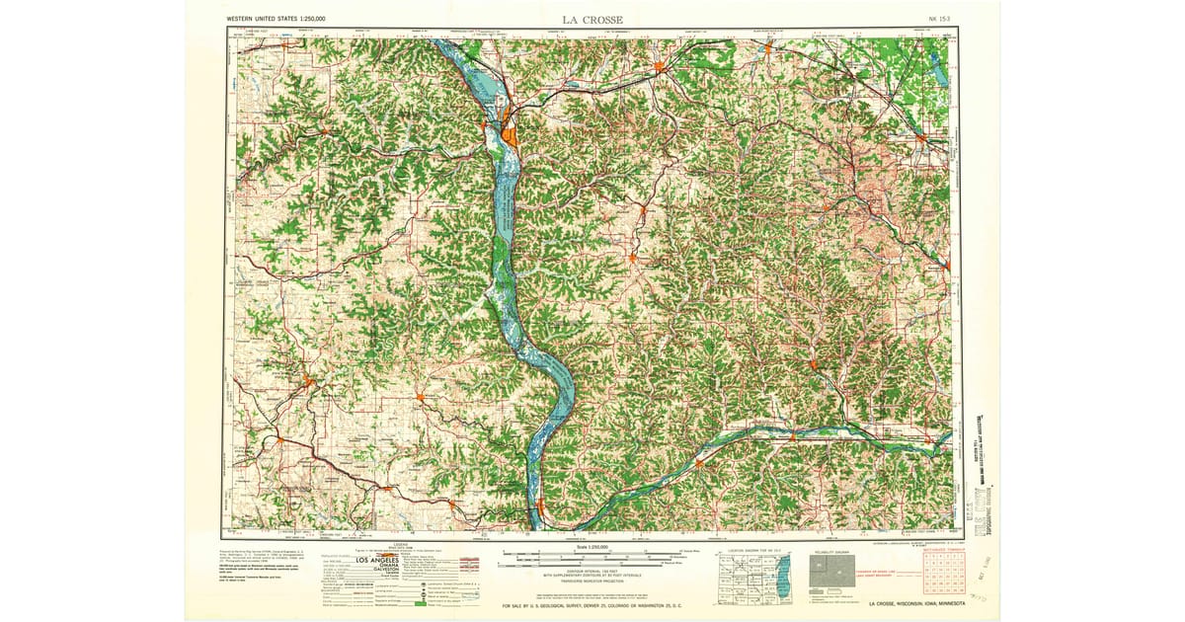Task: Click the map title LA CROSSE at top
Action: point(592,19)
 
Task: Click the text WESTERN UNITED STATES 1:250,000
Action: point(276,19)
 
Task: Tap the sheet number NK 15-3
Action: point(940,19)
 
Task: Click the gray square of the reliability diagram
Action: point(829,574)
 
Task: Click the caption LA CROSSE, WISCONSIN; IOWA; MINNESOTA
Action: point(916,604)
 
